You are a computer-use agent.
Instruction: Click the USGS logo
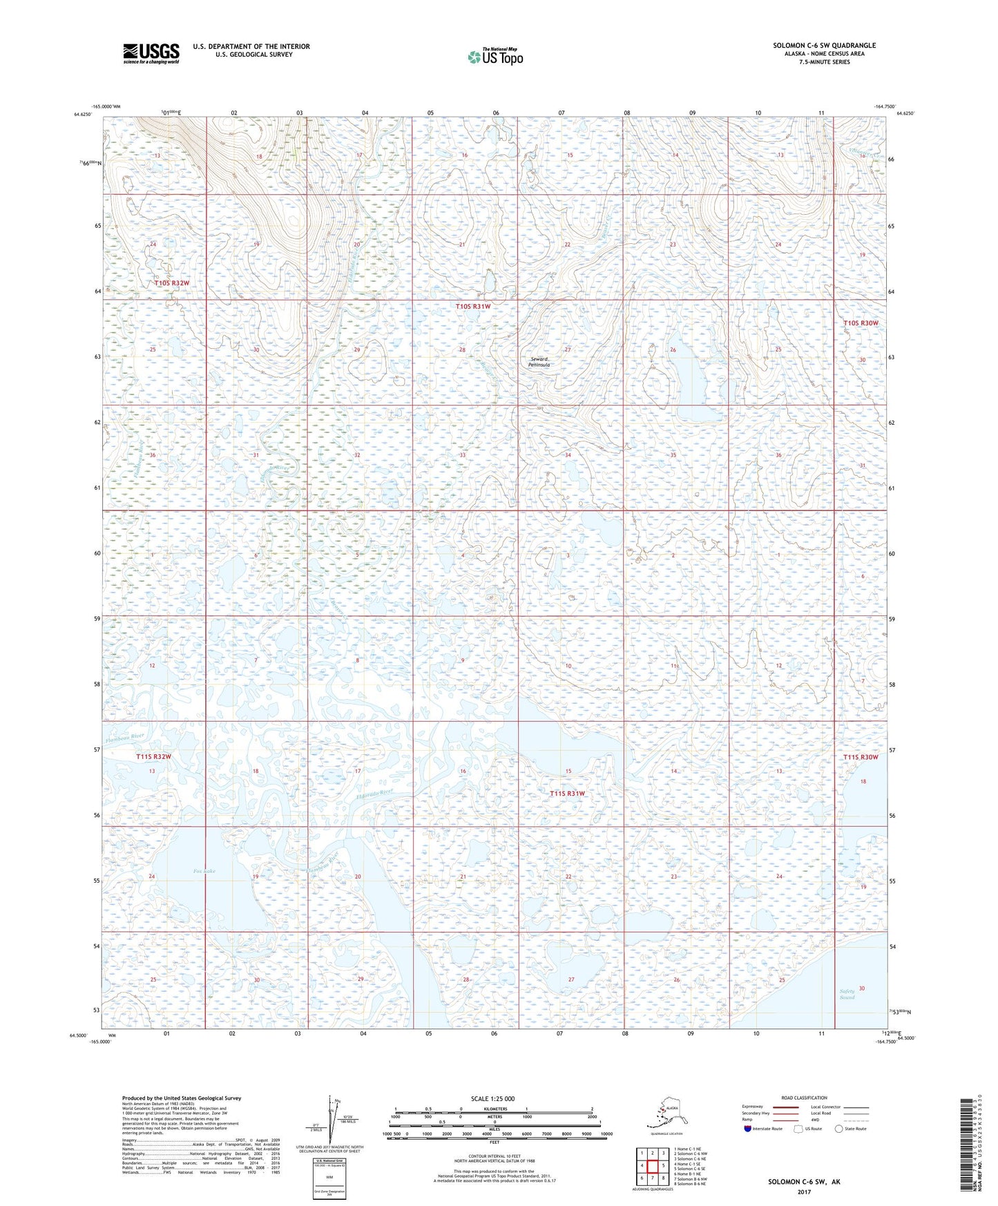(151, 53)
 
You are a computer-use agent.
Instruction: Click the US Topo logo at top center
(495, 56)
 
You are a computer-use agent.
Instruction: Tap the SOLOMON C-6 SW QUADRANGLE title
(824, 46)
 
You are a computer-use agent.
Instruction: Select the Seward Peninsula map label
(540, 361)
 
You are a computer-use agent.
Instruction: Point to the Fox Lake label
(204, 871)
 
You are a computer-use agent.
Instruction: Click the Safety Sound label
(847, 994)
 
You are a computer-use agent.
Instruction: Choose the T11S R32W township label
(153, 756)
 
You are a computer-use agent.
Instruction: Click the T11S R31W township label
(567, 794)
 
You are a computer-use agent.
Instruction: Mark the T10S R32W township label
(171, 283)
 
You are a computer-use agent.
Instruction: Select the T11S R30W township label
(861, 757)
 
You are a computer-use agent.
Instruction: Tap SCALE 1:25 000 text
(492, 1098)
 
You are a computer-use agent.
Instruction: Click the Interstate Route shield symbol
(747, 1129)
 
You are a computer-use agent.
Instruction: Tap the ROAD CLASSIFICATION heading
(804, 1098)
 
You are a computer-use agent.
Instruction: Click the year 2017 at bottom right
(803, 1191)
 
